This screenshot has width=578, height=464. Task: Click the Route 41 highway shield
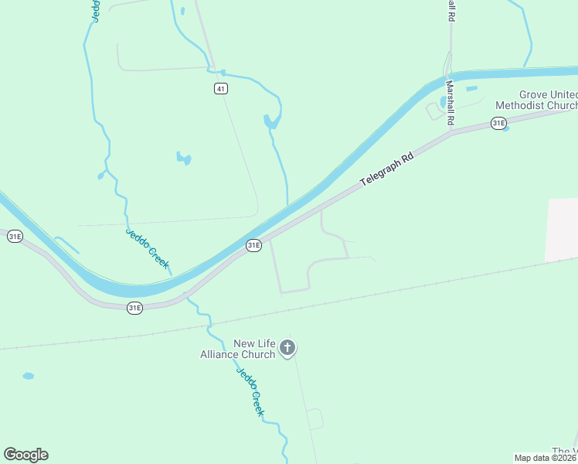tap(222, 89)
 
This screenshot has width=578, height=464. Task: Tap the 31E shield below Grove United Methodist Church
tap(498, 123)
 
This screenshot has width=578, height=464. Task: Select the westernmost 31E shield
tap(15, 237)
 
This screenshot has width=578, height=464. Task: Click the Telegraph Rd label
tap(388, 170)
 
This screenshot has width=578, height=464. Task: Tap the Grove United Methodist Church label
tap(536, 100)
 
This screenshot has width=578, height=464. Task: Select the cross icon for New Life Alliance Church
tap(287, 348)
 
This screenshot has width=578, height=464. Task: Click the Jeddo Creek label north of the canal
tap(148, 248)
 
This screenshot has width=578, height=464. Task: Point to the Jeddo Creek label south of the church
tap(250, 391)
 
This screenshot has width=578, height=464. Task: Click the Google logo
tap(25, 455)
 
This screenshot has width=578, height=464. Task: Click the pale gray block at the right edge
tap(563, 230)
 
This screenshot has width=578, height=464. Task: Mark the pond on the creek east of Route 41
tap(270, 121)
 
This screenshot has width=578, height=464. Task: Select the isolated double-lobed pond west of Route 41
tap(183, 159)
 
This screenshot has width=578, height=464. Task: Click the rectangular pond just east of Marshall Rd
tap(471, 88)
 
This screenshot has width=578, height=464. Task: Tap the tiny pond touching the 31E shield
tap(506, 128)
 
